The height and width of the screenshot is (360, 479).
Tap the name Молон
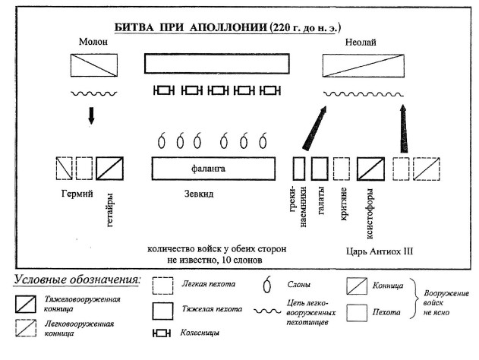coord(92,43)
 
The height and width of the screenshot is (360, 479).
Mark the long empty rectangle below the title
coord(216,63)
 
